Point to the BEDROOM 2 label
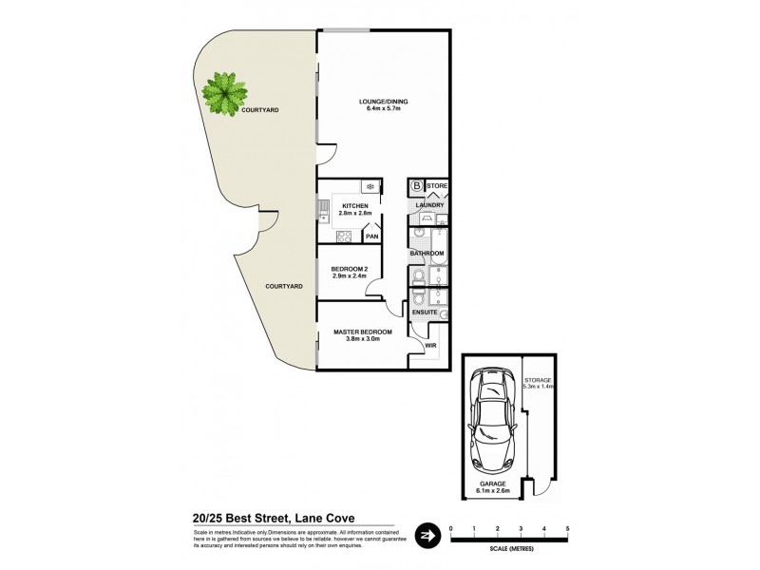point(350,269)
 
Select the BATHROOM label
point(427,254)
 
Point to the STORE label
point(436,185)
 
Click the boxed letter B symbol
point(417,186)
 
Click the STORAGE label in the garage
point(537,379)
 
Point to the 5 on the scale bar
point(567,527)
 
